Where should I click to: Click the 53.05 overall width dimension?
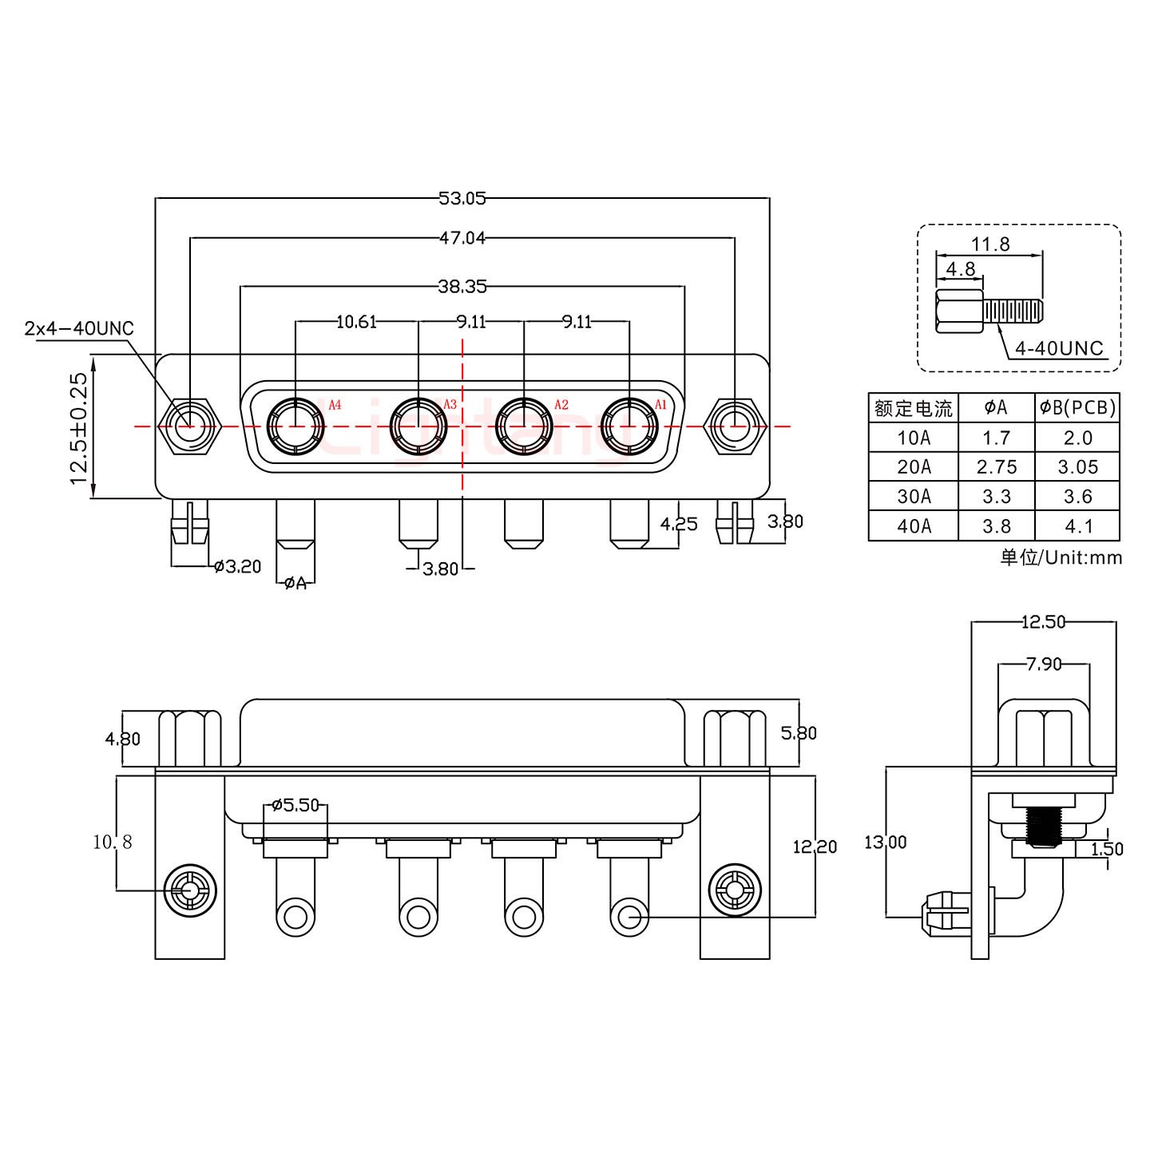pos(462,198)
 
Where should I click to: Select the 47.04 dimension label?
pos(462,237)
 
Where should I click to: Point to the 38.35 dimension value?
pos(462,285)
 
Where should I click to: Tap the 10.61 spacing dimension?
pos(356,322)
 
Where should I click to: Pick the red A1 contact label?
pos(660,405)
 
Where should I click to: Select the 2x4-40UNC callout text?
pos(79,328)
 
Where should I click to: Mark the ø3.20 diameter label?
pos(238,567)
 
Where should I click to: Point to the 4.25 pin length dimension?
pos(679,524)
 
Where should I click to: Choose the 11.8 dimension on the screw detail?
pos(990,244)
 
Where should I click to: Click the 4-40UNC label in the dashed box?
pos(1059,348)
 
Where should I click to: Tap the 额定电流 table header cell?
pos(914,409)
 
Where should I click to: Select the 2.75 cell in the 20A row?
pos(997,467)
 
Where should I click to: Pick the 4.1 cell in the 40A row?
pos(1078,526)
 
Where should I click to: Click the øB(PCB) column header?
pos(1077,408)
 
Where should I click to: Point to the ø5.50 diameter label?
pos(295,805)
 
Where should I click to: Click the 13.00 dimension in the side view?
pos(886,842)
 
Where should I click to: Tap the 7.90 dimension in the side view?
pos(1043,663)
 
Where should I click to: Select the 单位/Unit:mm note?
pos(1061,557)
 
